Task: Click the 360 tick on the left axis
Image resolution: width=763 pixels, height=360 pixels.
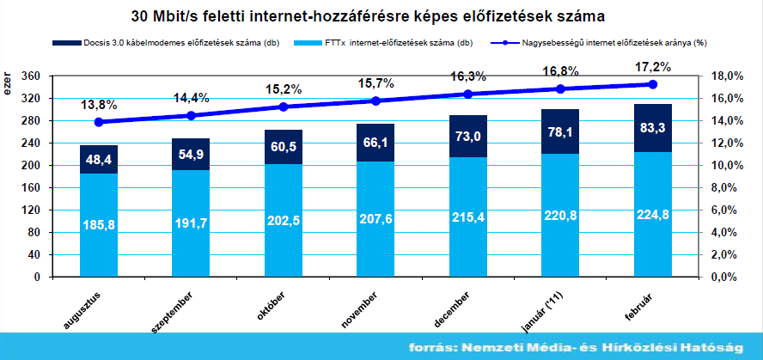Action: [30, 76]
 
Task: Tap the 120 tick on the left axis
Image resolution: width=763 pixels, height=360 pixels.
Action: [30, 210]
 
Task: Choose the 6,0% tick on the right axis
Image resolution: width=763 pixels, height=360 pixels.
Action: [726, 210]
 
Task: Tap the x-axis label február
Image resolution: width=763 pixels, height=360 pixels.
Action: [639, 308]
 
